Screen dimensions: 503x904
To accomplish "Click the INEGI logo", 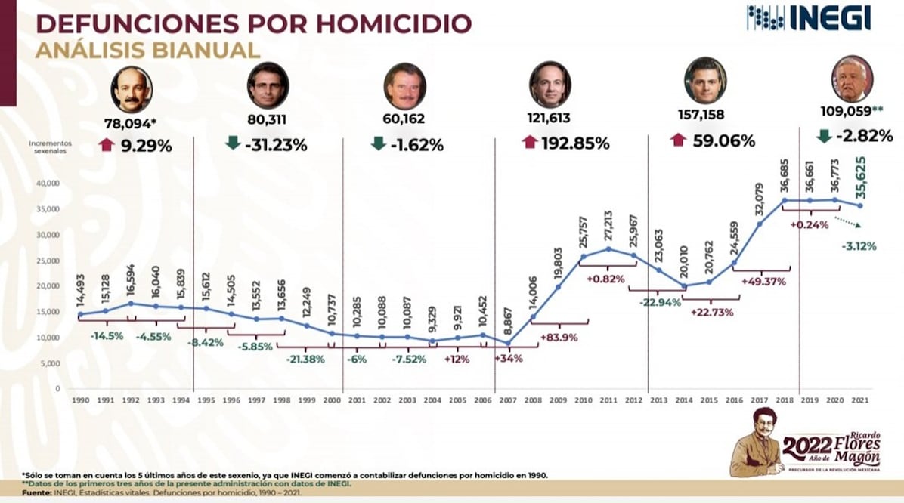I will point(808,17).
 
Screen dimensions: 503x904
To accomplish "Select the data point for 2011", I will point(608,248).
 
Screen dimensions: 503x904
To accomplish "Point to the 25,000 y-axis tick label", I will point(48,261).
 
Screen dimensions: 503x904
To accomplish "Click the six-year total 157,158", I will point(704,119).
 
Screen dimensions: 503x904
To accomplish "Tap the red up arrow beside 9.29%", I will point(105,143).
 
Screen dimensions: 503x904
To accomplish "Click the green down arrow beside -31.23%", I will point(233,143).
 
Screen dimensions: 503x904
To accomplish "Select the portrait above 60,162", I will point(404,85).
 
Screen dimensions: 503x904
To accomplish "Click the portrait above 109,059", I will point(852,79).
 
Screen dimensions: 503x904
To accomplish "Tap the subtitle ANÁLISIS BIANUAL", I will point(147,51).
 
